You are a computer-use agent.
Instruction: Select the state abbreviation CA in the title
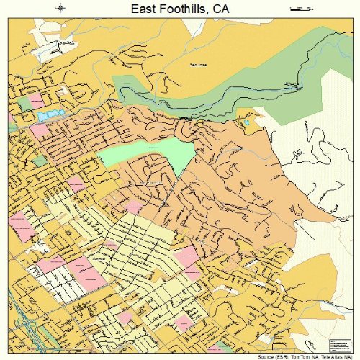[221, 10]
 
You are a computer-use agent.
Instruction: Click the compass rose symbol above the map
[60, 9]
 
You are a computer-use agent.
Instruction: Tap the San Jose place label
[197, 65]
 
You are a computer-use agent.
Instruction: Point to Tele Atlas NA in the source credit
[338, 356]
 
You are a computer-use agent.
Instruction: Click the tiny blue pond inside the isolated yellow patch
[246, 122]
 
